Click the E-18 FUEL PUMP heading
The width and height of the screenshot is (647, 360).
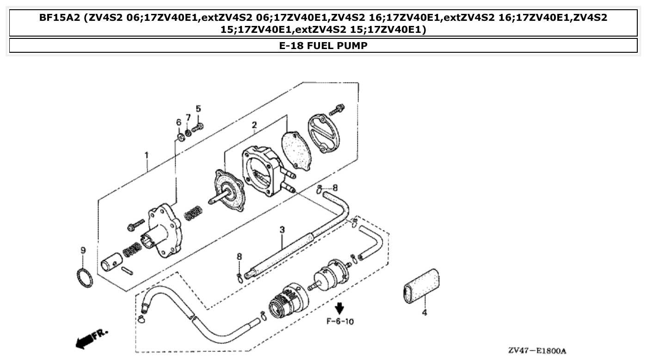(323, 46)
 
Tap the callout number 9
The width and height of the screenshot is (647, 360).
(83, 250)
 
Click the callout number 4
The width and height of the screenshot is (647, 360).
(424, 312)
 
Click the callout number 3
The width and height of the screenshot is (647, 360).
(282, 229)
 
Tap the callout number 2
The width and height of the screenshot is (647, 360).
(254, 125)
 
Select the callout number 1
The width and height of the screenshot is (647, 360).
(147, 155)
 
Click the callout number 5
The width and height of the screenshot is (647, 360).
(198, 109)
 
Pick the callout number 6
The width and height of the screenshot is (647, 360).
(179, 122)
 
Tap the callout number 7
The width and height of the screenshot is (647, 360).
(188, 118)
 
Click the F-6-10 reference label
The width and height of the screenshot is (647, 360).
(340, 321)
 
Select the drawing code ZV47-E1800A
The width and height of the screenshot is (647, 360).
(536, 351)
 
